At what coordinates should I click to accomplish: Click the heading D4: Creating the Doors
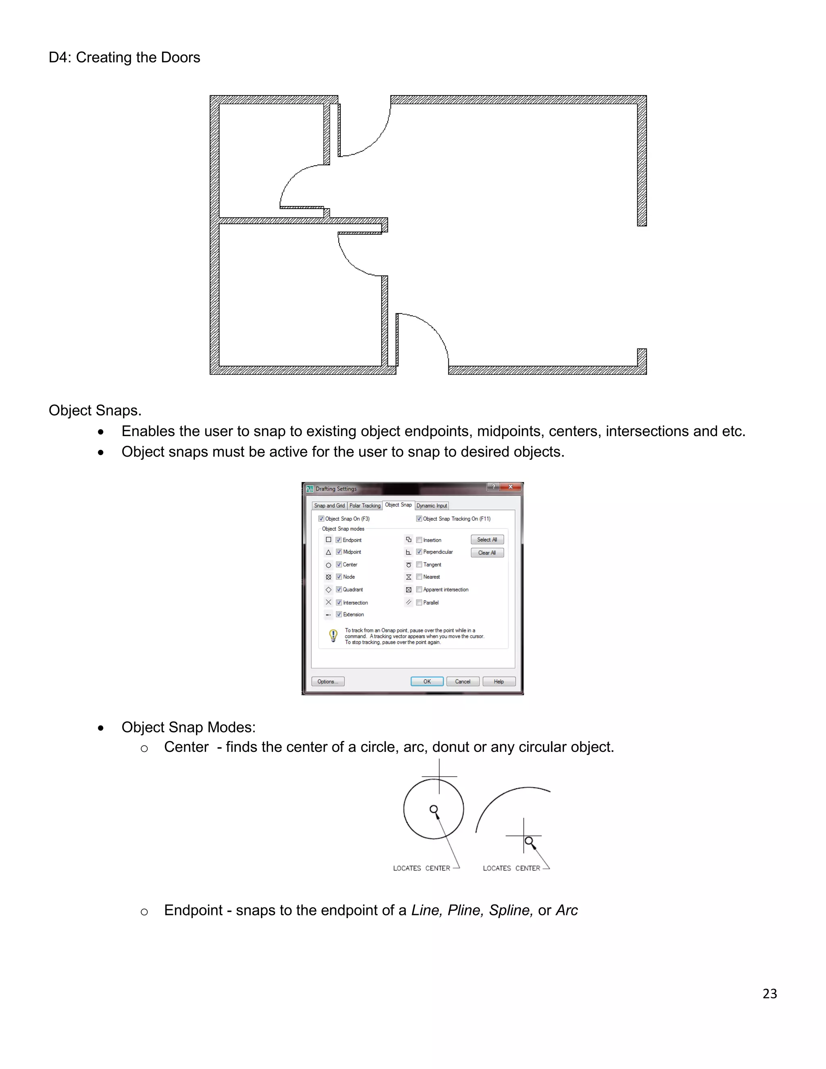(124, 58)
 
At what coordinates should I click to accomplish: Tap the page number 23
(769, 993)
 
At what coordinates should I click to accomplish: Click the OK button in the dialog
(427, 681)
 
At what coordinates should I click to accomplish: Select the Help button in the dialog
(499, 681)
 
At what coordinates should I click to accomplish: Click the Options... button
(327, 681)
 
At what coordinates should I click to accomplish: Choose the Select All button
(487, 539)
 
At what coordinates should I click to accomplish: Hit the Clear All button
(487, 553)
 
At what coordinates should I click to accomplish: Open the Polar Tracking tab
(365, 505)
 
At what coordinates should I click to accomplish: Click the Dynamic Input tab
(432, 505)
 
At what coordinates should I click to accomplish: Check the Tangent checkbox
(419, 564)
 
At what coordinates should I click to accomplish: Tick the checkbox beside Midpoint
(339, 551)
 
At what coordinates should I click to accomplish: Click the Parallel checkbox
(419, 603)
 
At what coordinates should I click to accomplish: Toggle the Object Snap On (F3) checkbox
(321, 518)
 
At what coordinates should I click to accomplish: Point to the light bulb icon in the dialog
(333, 635)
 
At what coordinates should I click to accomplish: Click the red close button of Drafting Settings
(510, 487)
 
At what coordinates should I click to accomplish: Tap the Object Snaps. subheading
(95, 410)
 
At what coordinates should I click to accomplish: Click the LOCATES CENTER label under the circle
(421, 868)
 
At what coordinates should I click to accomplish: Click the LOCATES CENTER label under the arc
(511, 868)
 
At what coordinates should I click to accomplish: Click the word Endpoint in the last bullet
(193, 910)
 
